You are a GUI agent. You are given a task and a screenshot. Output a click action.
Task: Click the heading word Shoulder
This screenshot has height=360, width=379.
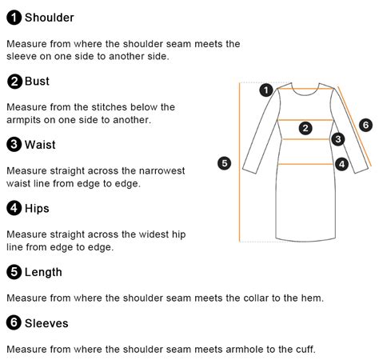tap(50, 18)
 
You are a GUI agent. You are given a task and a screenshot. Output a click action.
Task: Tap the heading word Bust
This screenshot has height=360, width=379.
tap(37, 81)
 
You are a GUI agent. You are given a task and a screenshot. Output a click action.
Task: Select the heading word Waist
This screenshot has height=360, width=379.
tap(40, 145)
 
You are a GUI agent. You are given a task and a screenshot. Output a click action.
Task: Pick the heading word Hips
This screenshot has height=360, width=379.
tap(37, 208)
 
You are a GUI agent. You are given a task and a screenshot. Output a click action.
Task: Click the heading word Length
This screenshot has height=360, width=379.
tap(43, 272)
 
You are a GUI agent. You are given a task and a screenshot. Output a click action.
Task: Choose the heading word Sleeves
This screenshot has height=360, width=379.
tap(46, 323)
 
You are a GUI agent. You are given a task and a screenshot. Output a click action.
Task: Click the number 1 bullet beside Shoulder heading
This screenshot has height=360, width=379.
tap(14, 18)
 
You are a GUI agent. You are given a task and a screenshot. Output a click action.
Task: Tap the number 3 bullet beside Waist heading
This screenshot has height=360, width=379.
tap(14, 145)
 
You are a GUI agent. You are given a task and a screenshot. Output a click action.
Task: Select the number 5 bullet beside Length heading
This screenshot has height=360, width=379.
tap(14, 272)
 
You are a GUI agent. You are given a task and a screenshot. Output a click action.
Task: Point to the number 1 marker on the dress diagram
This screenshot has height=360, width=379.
tap(266, 90)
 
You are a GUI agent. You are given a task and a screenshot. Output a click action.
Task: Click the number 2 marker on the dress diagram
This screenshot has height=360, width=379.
tap(305, 128)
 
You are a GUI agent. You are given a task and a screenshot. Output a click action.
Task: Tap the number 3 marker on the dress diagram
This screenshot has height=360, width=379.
tap(338, 139)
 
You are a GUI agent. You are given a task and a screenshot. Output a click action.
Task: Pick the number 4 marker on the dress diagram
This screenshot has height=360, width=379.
tap(341, 164)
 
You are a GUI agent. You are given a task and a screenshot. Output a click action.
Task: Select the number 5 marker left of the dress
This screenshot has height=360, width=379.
tap(225, 163)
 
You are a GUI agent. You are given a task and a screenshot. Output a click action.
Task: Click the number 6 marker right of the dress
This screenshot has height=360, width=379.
tap(365, 125)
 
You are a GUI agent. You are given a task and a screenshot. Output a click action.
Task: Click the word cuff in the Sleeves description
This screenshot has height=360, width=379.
tap(305, 349)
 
